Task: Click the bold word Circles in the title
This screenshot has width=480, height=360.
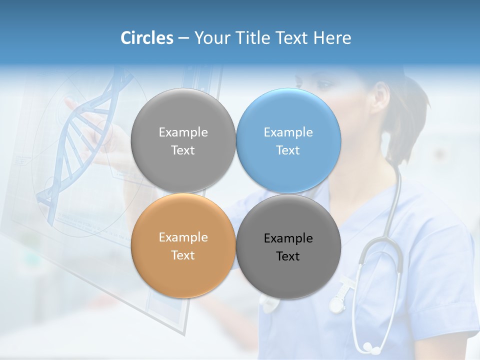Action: pyautogui.click(x=147, y=38)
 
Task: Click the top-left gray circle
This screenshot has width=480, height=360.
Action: pyautogui.click(x=183, y=140)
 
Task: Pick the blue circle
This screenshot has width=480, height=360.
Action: pyautogui.click(x=288, y=140)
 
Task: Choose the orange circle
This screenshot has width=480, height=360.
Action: pyautogui.click(x=183, y=245)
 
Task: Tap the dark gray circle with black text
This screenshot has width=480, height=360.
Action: pyautogui.click(x=288, y=246)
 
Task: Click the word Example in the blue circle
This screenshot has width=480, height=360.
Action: pyautogui.click(x=288, y=132)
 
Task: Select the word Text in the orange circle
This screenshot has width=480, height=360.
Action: pyautogui.click(x=183, y=255)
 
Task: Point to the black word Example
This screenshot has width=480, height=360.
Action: pyautogui.click(x=288, y=238)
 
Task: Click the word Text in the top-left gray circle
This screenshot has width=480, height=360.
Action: pyautogui.click(x=183, y=150)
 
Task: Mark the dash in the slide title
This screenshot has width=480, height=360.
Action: pyautogui.click(x=183, y=38)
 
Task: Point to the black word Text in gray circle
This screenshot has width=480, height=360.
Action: pyautogui.click(x=288, y=256)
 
